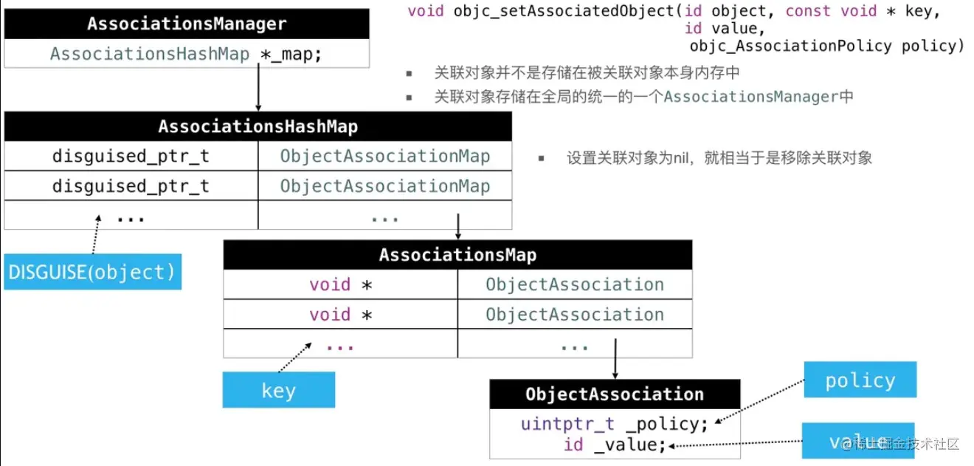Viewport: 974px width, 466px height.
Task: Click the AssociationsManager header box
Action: point(186,24)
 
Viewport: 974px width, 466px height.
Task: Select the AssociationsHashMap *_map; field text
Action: point(186,54)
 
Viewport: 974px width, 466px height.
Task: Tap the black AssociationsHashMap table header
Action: point(258,126)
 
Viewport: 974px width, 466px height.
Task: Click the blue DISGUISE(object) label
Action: point(92,273)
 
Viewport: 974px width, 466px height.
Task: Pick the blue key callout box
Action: point(278,390)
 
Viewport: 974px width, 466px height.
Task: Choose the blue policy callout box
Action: point(860,380)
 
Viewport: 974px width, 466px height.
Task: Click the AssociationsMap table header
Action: point(457,255)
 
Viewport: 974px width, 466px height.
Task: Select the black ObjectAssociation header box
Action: point(614,394)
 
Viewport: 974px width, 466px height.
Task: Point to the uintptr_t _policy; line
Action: point(614,424)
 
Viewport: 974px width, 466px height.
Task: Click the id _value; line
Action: point(614,445)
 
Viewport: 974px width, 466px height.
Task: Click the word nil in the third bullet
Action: point(680,158)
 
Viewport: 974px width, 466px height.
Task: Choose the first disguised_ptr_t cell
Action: point(131,157)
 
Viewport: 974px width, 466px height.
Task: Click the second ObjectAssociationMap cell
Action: point(384,186)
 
